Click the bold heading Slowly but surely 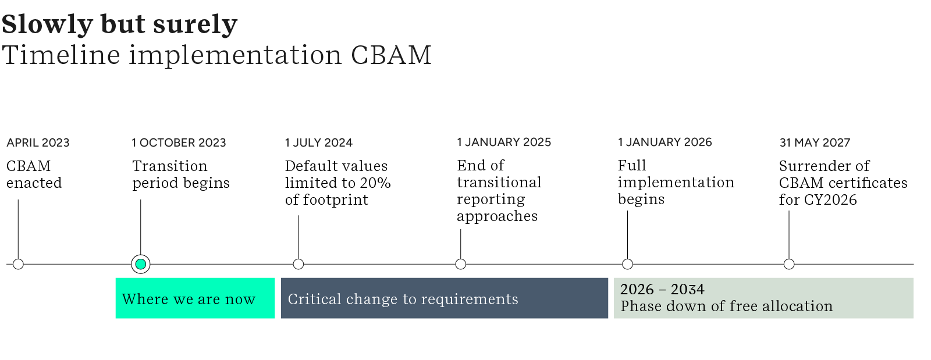point(119,24)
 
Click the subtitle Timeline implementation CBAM point(216,55)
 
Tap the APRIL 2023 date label point(38,142)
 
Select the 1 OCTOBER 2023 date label point(179,142)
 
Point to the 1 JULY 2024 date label point(319,142)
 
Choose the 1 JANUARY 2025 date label point(504,142)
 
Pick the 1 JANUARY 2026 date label point(665,142)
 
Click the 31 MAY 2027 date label point(815,142)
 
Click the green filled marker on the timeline point(141,264)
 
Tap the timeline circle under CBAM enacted point(18,264)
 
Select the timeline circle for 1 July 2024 point(299,264)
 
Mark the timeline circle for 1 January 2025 point(461,264)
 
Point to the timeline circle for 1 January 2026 point(627,264)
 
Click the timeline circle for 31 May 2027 point(789,264)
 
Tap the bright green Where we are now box point(195,298)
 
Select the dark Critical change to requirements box point(444,298)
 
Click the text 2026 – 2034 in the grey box point(662,289)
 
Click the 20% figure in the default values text point(375,183)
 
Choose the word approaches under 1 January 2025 point(497,216)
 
